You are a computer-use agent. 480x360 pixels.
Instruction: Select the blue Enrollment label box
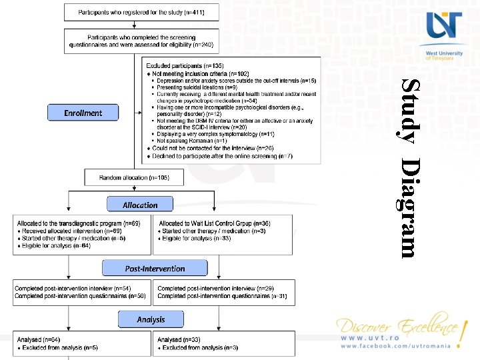coord(83,113)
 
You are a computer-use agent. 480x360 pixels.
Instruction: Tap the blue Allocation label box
coord(140,205)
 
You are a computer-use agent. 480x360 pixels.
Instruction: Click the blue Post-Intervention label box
coord(155,269)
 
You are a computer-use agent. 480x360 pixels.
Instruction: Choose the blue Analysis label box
coord(151,319)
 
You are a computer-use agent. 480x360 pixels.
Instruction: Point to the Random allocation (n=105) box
coord(134,178)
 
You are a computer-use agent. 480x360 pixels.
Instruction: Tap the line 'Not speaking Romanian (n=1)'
coord(191,141)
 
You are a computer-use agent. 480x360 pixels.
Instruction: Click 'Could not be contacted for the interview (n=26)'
coord(213,148)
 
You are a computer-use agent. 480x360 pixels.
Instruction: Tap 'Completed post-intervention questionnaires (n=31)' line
coord(222,295)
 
